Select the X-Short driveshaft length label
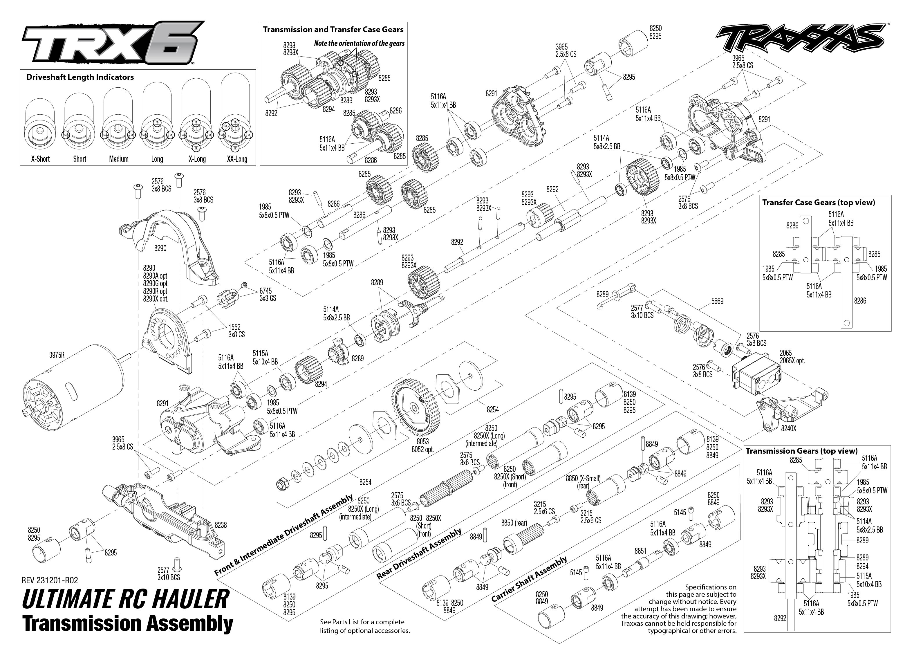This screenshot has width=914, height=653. tap(41, 159)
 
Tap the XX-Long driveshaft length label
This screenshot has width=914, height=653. tap(237, 159)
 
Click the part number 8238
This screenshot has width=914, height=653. tap(221, 525)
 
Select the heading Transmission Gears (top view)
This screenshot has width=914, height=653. tap(801, 451)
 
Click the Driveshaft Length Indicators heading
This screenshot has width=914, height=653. tap(80, 77)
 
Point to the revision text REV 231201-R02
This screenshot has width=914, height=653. tap(50, 580)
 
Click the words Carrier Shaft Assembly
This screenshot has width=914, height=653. tap(529, 579)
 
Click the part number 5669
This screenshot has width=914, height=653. tap(717, 301)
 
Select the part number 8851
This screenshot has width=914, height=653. tap(640, 551)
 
